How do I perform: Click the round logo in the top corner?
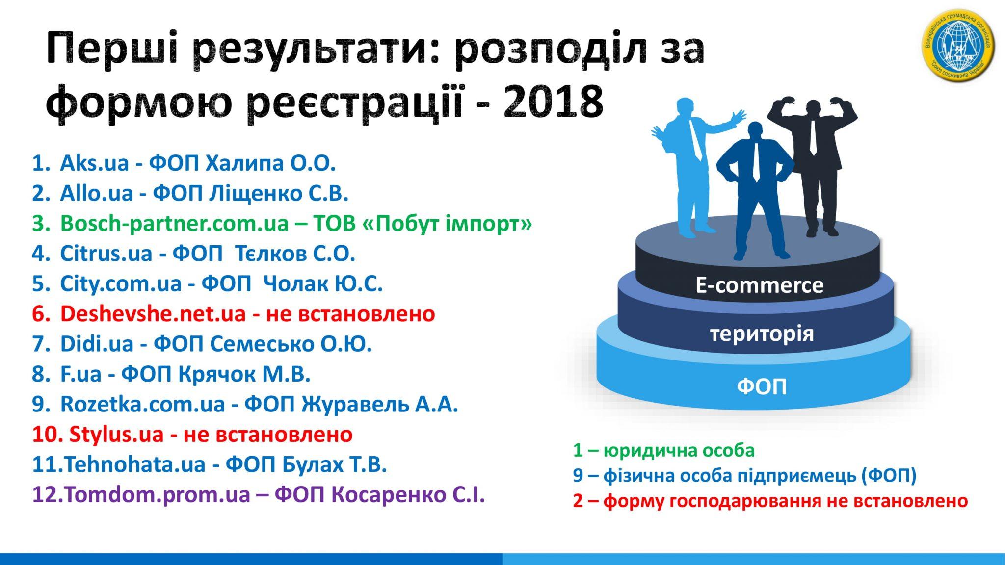[959, 47]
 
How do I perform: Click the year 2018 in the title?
[553, 103]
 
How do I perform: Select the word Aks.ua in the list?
[94, 163]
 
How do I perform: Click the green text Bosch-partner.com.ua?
[174, 224]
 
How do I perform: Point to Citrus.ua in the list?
[106, 254]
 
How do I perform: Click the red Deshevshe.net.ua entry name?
[153, 314]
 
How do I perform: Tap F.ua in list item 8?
[80, 374]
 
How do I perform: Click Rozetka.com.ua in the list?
[142, 404]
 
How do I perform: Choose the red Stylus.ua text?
[116, 435]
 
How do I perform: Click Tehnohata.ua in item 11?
[134, 464]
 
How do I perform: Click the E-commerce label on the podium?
[759, 285]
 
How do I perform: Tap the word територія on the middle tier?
[762, 334]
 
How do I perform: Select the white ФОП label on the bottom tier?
[762, 386]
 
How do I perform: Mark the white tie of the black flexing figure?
[813, 137]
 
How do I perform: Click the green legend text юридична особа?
[679, 450]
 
